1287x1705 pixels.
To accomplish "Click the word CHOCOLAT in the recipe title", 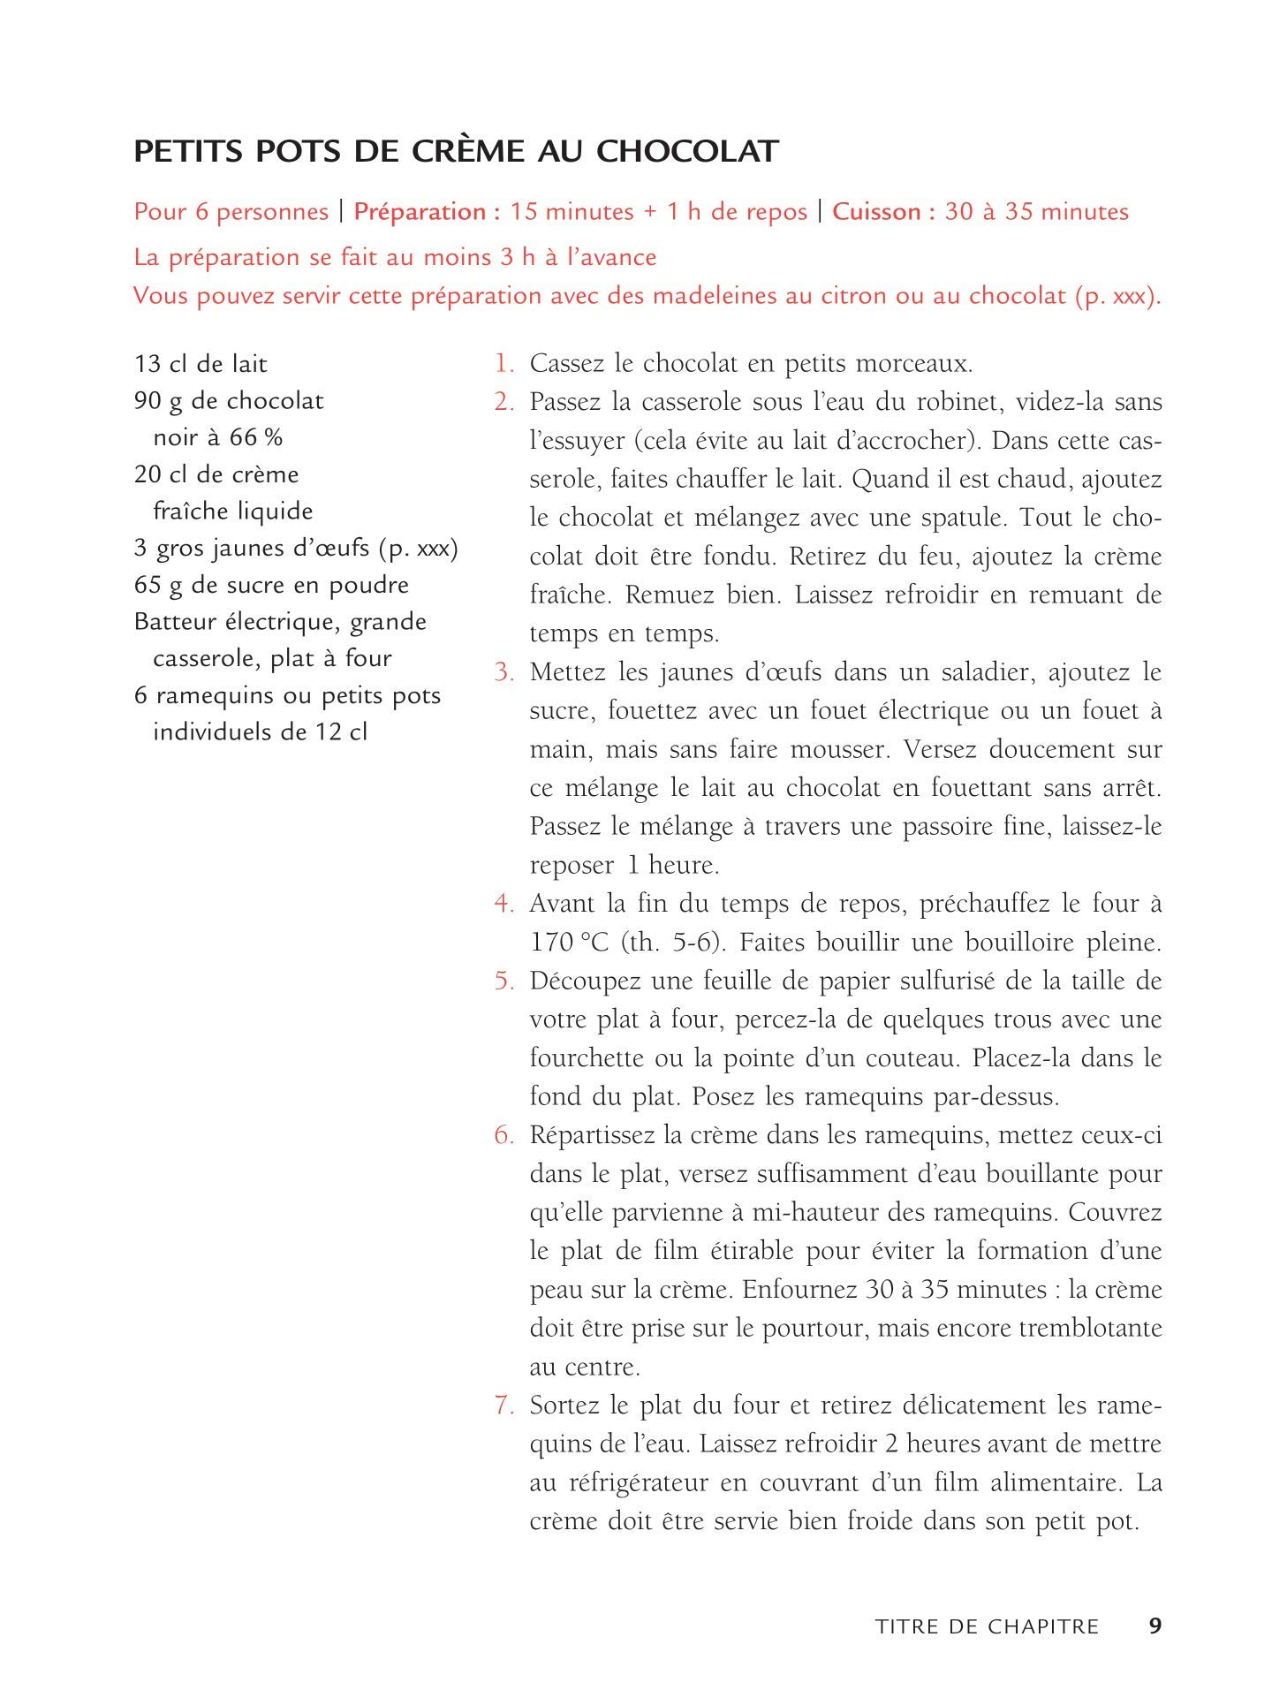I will click(686, 151).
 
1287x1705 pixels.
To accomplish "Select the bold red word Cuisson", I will click(883, 212).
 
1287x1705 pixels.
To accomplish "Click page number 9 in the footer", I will click(1155, 1626).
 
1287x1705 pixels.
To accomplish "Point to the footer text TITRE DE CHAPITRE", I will click(987, 1627).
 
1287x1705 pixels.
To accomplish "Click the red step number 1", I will click(503, 363).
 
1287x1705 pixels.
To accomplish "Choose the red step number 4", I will click(503, 904).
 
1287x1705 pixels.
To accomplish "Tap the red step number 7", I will click(503, 1406).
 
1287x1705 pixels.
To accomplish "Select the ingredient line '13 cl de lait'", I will click(201, 364).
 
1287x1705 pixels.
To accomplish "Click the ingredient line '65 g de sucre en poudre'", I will click(272, 585).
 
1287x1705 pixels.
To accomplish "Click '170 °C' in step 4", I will click(570, 943).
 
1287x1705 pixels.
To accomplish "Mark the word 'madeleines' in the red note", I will click(714, 296).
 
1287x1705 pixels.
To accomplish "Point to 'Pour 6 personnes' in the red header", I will click(231, 212).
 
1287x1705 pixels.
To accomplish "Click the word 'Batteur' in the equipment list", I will click(173, 622).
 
